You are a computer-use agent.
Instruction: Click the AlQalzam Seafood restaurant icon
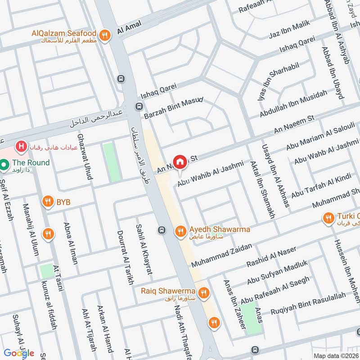105,36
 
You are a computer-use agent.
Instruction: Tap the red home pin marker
180,162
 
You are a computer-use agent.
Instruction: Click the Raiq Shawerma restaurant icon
204,292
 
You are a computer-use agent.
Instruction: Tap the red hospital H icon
20,146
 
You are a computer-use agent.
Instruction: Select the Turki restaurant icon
328,218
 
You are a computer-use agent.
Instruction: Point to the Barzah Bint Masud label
174,108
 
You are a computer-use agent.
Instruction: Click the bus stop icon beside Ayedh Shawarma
162,231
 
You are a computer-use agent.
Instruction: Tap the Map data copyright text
336,355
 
